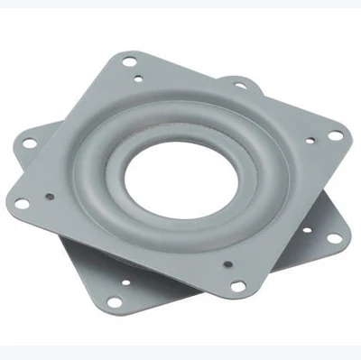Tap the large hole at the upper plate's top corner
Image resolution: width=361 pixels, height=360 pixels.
[x=129, y=62]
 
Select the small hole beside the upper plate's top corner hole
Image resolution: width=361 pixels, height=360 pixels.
[x=137, y=79]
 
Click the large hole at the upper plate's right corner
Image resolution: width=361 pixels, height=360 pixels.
[x=335, y=135]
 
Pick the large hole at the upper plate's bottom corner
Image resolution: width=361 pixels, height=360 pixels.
[x=238, y=286]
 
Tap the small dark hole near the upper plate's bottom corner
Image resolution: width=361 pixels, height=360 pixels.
[x=227, y=265]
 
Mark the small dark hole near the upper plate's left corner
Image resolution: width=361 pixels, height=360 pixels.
[x=49, y=196]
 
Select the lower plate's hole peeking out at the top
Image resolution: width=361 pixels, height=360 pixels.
[x=241, y=85]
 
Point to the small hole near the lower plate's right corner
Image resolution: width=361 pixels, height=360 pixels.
[x=307, y=231]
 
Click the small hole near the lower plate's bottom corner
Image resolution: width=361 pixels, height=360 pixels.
[x=125, y=282]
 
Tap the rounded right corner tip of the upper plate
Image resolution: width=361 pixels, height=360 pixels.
[x=347, y=135]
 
